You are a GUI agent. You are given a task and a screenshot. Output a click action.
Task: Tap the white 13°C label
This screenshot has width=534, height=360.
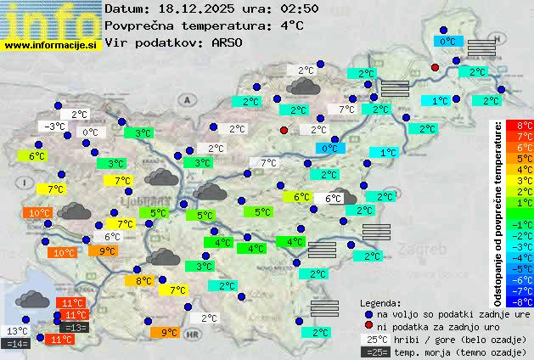click(18, 331)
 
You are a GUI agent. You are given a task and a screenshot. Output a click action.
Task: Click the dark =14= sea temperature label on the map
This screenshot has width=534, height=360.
click(17, 344)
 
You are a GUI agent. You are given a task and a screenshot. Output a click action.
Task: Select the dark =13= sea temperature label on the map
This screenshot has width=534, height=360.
click(75, 328)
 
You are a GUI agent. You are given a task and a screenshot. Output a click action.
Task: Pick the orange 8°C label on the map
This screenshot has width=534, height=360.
click(143, 280)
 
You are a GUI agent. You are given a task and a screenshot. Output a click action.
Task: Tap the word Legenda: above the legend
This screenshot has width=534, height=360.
click(380, 302)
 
